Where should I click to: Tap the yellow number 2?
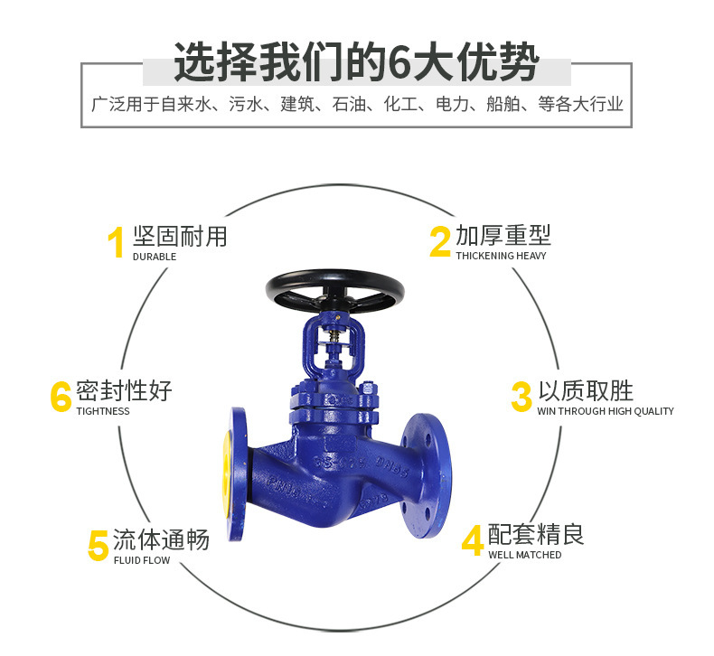point(439,242)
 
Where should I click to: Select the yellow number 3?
point(521,397)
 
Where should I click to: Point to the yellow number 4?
point(473,540)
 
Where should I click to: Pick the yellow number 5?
point(98,546)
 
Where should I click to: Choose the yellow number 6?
point(61,397)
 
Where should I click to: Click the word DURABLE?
point(155,257)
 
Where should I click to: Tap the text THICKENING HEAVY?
point(501,256)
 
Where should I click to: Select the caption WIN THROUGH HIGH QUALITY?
point(605,411)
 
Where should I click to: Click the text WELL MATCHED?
point(524,555)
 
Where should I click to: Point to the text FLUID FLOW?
point(142,560)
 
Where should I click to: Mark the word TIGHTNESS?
point(103,411)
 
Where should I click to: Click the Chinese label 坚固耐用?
point(180,237)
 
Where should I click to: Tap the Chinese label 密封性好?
point(124,390)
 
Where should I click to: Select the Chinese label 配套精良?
point(536,534)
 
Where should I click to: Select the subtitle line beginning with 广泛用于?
point(356,105)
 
